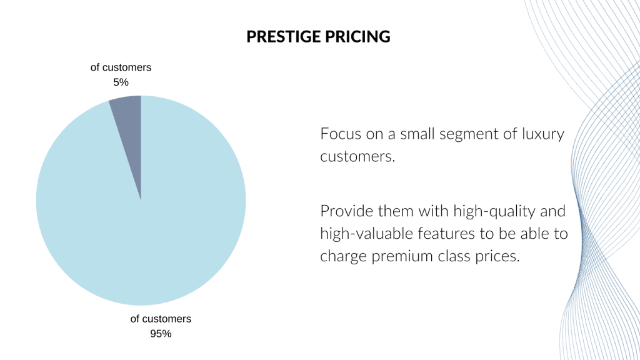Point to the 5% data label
point(121,82)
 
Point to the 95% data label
point(161,333)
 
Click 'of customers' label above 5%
point(121,67)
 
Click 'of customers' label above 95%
point(161,319)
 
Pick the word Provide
point(345,211)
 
